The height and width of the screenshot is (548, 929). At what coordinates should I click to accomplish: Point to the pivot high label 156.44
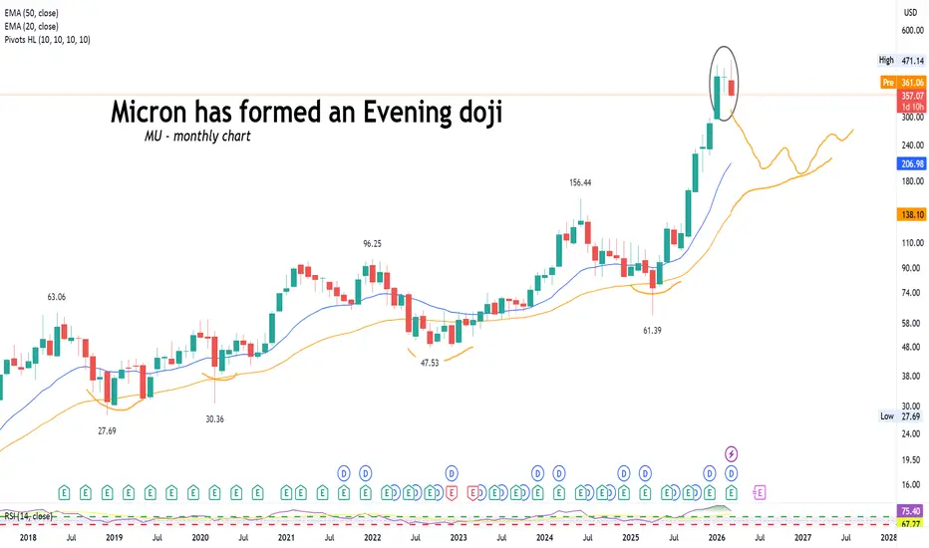(579, 183)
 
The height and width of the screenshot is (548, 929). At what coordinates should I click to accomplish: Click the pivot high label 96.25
(373, 243)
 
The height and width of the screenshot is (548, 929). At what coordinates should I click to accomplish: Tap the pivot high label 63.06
(58, 296)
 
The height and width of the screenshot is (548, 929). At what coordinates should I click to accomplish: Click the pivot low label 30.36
(213, 418)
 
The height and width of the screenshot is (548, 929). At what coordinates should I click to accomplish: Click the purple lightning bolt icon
(732, 453)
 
